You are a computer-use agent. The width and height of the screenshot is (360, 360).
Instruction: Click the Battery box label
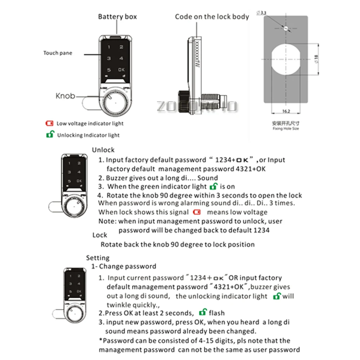coord(117,17)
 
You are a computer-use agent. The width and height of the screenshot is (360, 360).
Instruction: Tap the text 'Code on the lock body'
coord(212,17)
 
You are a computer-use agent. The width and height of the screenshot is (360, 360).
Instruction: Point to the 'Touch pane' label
coord(58,53)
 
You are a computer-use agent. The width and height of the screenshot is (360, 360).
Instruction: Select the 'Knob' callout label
coord(65,96)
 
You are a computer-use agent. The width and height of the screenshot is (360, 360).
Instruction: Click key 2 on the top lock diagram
coord(121,47)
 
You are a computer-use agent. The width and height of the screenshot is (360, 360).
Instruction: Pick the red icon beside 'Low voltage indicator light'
coord(49,123)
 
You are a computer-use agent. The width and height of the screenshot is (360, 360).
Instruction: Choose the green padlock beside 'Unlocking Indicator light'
coord(49,135)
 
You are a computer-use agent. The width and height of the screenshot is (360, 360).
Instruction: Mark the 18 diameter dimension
coord(316,59)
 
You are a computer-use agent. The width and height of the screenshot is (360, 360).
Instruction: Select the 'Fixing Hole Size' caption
coord(285,129)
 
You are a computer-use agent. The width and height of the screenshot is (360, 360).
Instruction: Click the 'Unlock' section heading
coord(103,150)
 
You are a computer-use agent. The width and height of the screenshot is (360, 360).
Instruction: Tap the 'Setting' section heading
coord(98,258)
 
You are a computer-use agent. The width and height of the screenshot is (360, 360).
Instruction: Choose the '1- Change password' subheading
coord(123,266)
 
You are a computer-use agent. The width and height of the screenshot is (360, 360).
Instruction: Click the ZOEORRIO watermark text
coord(197,106)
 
